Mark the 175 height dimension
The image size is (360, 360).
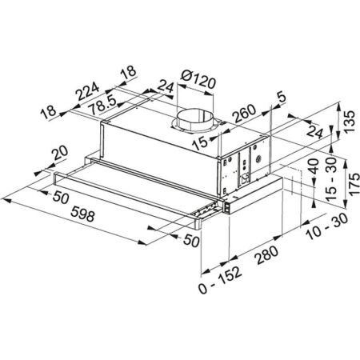(346, 179)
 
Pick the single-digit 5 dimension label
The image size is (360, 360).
(279, 98)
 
